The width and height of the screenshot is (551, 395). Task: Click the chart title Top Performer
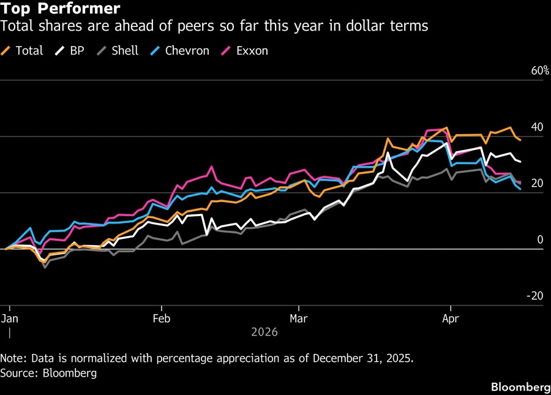pos(60,9)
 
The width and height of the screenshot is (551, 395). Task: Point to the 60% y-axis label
pos(540,71)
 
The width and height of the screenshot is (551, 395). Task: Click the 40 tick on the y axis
pos(537,127)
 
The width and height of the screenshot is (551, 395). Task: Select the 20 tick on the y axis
pos(537,184)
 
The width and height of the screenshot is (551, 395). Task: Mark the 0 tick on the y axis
pos(540,240)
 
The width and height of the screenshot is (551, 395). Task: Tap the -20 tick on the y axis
pos(535,296)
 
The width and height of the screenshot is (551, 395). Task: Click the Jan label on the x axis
pos(10,319)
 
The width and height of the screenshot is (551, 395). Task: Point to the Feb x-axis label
pos(162,319)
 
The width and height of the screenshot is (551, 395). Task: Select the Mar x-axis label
pos(299,319)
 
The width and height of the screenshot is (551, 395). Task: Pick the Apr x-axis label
pos(451,319)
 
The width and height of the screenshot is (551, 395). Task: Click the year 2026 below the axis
pos(264,333)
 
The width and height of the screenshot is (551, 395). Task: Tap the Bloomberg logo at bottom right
pos(520,387)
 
